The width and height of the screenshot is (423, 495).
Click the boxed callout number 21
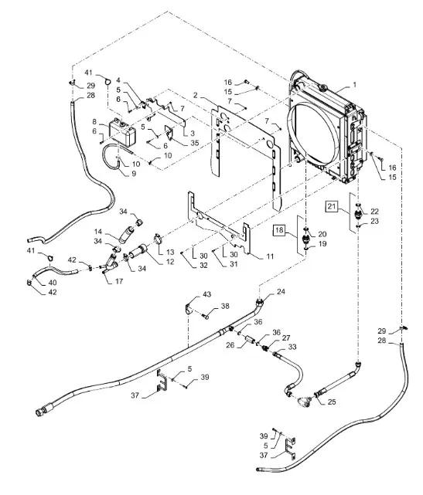pyautogui.click(x=331, y=206)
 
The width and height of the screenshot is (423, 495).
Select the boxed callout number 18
pyautogui.click(x=279, y=229)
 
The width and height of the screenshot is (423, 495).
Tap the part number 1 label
pyautogui.click(x=354, y=85)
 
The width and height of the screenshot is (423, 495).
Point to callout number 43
pyautogui.click(x=206, y=294)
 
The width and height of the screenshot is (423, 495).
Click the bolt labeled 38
pyautogui.click(x=206, y=315)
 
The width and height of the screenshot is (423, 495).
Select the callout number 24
pyautogui.click(x=281, y=292)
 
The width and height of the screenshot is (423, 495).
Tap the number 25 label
pyautogui.click(x=331, y=402)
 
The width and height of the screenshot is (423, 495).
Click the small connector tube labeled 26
pyautogui.click(x=249, y=341)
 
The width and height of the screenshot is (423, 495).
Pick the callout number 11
pyautogui.click(x=270, y=256)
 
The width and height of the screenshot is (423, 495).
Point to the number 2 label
pyautogui.click(x=196, y=95)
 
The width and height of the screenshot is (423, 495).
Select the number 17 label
pyautogui.click(x=119, y=281)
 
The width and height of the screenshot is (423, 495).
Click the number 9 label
pyautogui.click(x=134, y=174)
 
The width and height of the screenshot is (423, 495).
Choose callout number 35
pyautogui.click(x=194, y=143)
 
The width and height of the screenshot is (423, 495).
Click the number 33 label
pyautogui.click(x=292, y=347)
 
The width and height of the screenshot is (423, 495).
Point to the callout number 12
pyautogui.click(x=170, y=261)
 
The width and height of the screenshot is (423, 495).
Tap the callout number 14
pyautogui.click(x=98, y=232)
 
